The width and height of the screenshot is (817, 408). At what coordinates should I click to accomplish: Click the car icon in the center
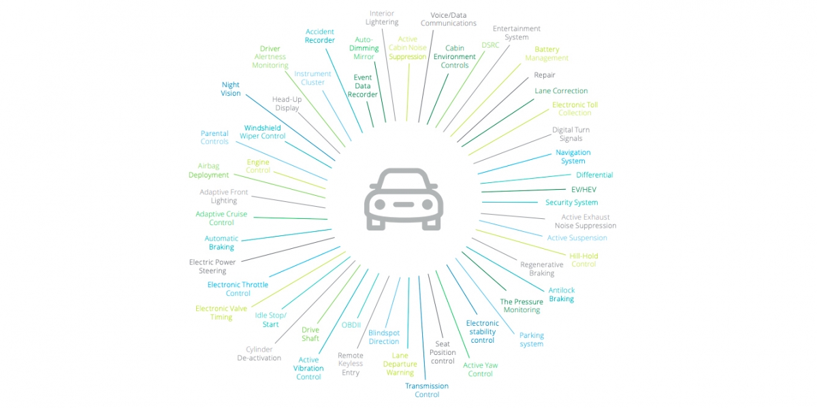[x=404, y=199]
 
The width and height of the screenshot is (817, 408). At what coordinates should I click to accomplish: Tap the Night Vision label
[x=231, y=89]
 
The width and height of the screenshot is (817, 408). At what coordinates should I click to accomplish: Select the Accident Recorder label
[x=320, y=36]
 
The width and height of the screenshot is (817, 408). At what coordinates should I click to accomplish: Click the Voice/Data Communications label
[x=448, y=19]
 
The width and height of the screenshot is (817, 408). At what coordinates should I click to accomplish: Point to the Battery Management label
[x=547, y=54]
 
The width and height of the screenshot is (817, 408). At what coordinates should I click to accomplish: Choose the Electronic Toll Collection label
[x=575, y=109]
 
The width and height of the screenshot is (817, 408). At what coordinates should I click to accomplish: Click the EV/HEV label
[x=583, y=189]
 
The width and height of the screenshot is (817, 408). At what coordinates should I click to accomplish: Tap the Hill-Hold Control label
[x=583, y=260]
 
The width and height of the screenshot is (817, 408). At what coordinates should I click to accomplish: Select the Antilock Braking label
[x=562, y=294]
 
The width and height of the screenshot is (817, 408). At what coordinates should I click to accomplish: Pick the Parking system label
[x=532, y=339]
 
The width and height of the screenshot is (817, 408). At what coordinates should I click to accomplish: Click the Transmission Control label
[x=427, y=390]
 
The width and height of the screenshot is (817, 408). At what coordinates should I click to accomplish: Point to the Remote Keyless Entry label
[x=351, y=364]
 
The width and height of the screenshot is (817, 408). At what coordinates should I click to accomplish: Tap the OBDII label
[x=351, y=325]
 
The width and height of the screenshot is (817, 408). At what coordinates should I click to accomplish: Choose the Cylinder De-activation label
[x=259, y=354]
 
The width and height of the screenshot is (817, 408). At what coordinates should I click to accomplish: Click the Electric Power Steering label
[x=212, y=267]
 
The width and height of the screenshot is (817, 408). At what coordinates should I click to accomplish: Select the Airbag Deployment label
[x=208, y=171]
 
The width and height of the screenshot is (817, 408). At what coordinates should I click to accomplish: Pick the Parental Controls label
[x=214, y=137]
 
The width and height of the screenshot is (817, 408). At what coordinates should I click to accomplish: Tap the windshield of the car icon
[x=404, y=182]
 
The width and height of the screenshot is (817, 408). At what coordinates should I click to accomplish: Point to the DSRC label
[x=490, y=45]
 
